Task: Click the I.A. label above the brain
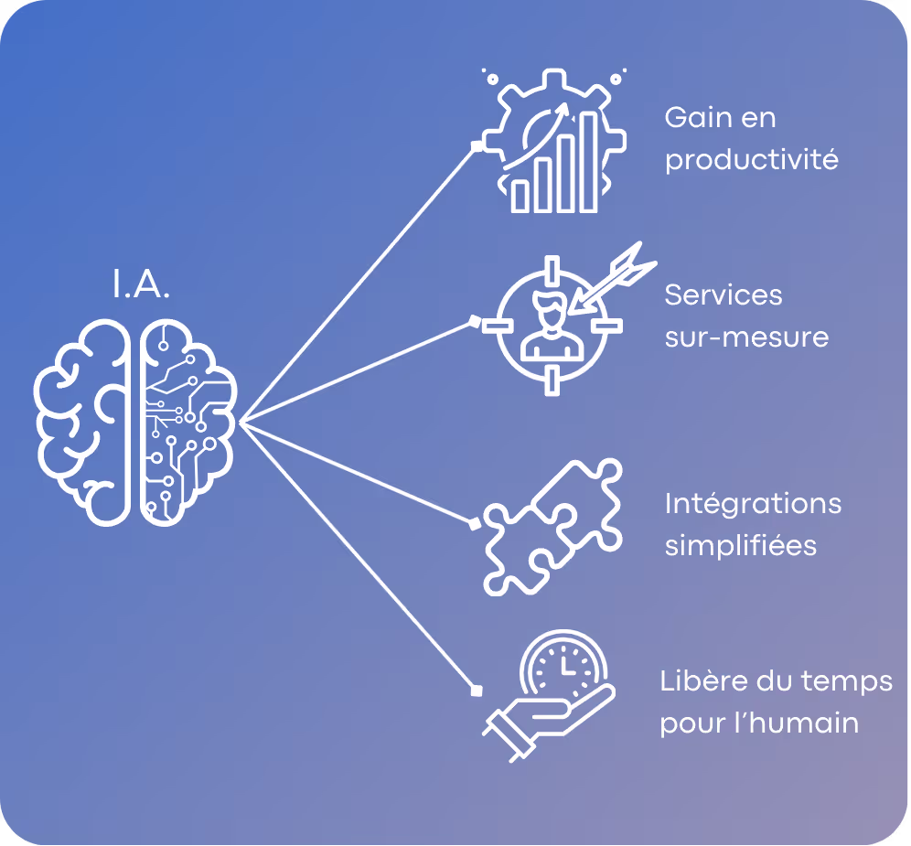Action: click(142, 285)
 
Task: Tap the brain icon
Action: click(137, 421)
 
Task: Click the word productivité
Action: click(751, 161)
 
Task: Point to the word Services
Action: click(723, 294)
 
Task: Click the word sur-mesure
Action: click(746, 337)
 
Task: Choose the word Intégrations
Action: click(753, 503)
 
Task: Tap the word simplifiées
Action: click(740, 546)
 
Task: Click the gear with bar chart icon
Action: click(553, 142)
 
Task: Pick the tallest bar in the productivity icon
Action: click(589, 160)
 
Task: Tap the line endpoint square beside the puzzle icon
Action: click(474, 525)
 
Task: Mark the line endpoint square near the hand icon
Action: click(476, 688)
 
